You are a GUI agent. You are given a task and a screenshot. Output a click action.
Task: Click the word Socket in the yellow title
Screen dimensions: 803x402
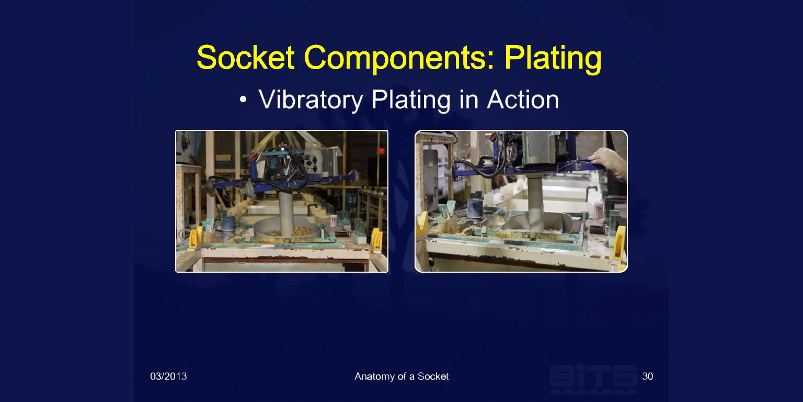(x=246, y=58)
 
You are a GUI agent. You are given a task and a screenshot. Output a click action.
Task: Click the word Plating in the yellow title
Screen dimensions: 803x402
(x=553, y=60)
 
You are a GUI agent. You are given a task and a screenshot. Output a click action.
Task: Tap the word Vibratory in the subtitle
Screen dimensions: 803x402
(x=311, y=100)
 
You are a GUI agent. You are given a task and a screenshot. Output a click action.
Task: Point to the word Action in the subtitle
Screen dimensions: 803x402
(x=523, y=100)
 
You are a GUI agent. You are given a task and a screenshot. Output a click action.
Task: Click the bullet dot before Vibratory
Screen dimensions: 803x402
(x=244, y=99)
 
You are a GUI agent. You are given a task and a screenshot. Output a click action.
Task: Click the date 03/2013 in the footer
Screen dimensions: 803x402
(x=168, y=376)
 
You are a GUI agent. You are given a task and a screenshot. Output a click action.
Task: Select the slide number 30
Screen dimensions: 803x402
(x=647, y=376)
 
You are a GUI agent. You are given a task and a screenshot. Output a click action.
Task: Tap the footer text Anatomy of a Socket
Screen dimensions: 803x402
(x=401, y=376)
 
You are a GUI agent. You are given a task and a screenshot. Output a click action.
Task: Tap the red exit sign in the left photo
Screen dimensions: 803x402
(x=382, y=150)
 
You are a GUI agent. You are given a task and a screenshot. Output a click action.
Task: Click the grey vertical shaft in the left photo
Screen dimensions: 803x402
(x=286, y=213)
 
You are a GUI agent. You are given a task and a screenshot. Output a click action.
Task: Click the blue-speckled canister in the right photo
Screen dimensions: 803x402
(x=475, y=208)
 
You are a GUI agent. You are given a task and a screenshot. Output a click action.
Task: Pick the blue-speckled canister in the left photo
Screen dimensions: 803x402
(x=228, y=224)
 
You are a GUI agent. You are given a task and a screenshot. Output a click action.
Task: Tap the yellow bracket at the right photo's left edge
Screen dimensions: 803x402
(x=422, y=224)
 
